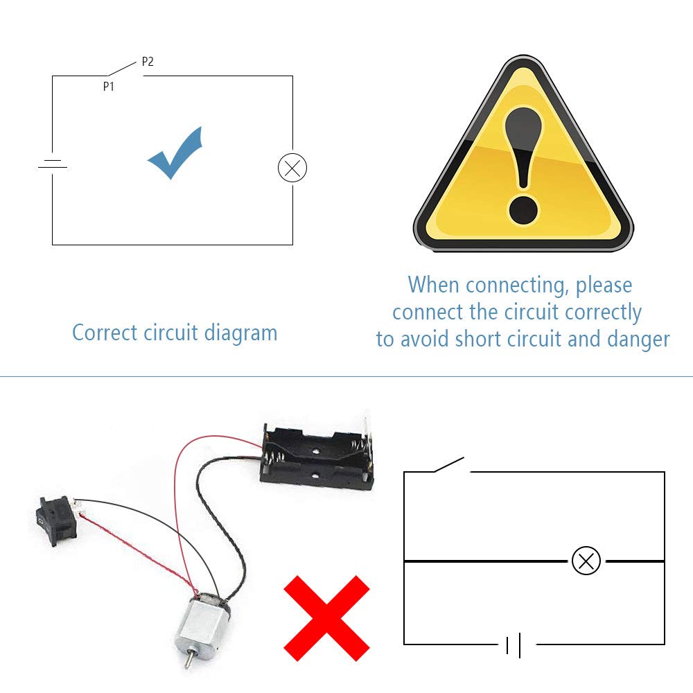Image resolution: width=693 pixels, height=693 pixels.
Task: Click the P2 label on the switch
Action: tap(148, 62)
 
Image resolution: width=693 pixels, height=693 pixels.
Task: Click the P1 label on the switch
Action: tap(109, 86)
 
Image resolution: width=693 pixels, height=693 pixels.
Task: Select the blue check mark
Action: tap(175, 152)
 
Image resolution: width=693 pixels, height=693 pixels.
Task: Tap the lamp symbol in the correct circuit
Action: tap(292, 168)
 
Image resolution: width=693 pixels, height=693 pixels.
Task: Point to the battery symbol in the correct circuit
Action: tap(53, 164)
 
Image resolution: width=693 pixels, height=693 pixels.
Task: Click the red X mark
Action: tap(326, 618)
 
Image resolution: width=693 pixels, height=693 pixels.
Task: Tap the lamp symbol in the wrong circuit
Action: tap(586, 561)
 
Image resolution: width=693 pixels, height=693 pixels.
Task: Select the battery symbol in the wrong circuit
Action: tap(513, 644)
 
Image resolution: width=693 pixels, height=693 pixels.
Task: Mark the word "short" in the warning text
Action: tap(478, 339)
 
